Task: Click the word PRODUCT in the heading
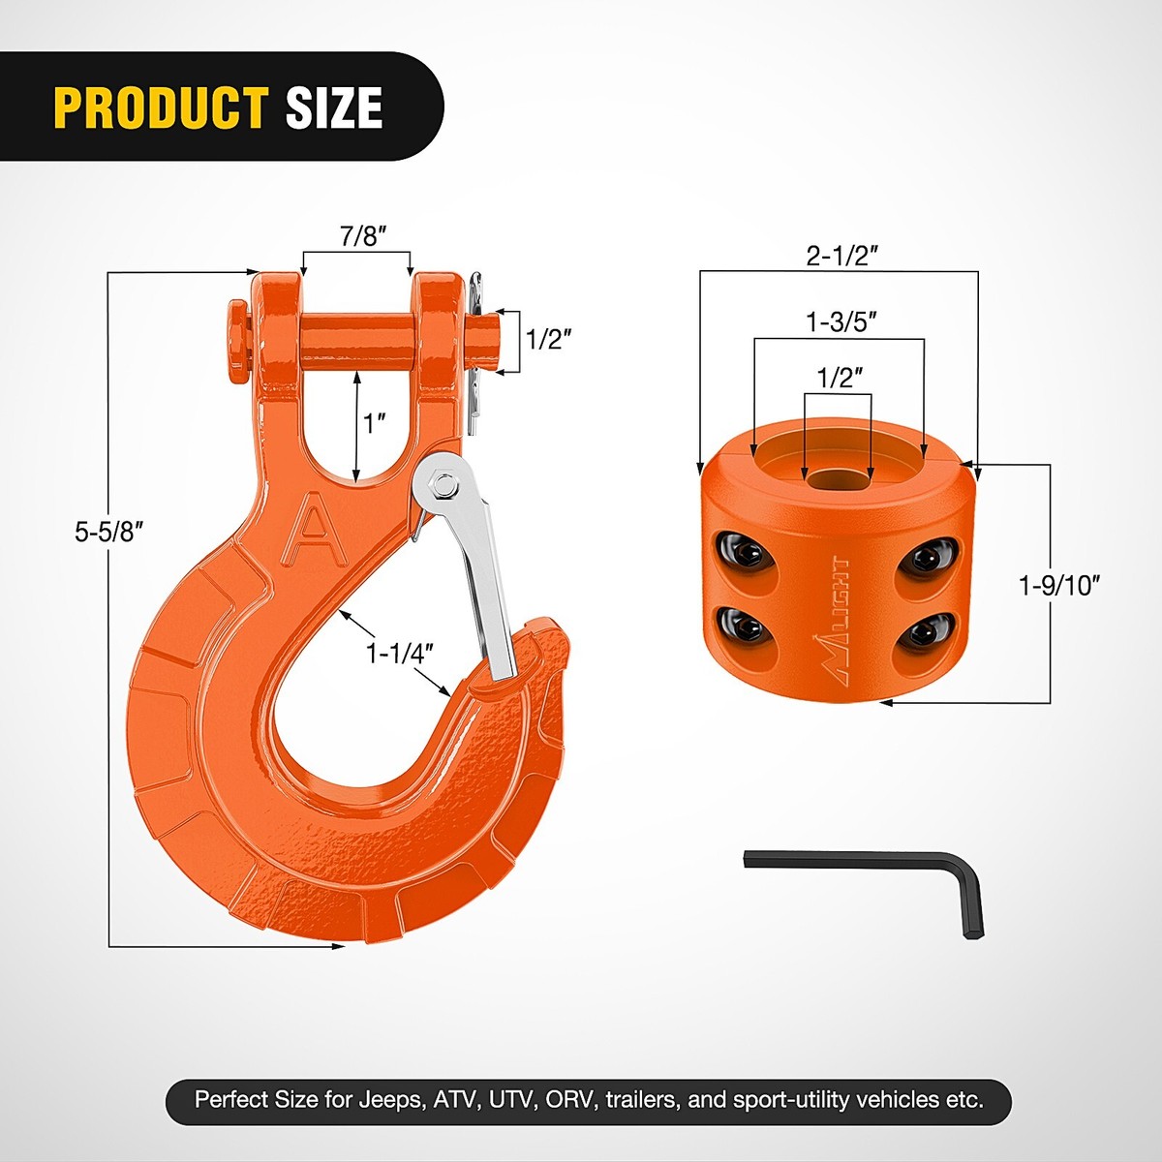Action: tap(160, 107)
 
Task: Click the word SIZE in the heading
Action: tap(334, 107)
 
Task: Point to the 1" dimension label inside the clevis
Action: tap(376, 423)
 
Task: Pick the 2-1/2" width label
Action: tap(841, 256)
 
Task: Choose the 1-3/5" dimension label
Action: tap(841, 322)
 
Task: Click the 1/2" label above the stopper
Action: tap(839, 378)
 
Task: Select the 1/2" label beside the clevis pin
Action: tap(548, 339)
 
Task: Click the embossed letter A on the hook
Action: tap(313, 529)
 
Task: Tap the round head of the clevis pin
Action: tap(236, 334)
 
